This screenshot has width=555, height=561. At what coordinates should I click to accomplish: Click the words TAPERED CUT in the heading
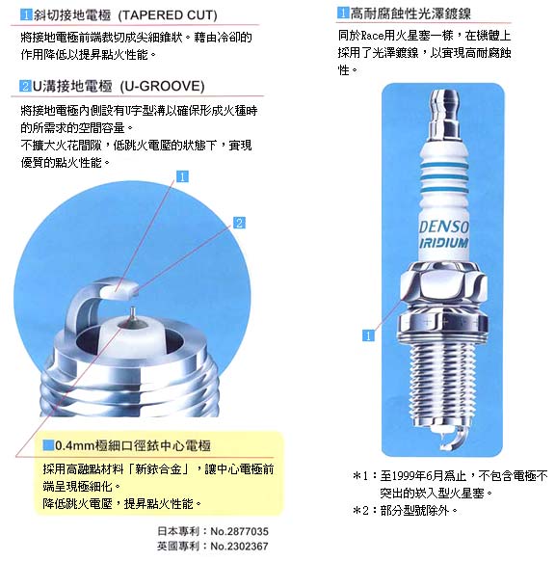coord(168,15)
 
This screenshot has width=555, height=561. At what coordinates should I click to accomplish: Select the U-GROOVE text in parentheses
coord(162,86)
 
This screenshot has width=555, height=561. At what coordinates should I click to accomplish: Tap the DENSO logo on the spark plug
coord(443,227)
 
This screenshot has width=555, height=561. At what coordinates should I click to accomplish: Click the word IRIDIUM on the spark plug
coord(443,243)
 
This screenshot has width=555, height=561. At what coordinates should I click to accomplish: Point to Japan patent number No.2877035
coord(239,531)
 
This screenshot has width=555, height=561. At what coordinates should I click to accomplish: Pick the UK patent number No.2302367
coord(239,547)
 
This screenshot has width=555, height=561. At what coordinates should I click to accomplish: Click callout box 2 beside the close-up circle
coord(239,223)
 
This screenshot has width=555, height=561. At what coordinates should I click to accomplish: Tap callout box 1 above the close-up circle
coord(182,176)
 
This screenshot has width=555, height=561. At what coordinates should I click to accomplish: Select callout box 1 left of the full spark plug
coord(368,335)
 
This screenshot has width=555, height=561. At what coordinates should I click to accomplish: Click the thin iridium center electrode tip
coord(133,313)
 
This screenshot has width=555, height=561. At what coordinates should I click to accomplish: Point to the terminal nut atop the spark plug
coord(444,114)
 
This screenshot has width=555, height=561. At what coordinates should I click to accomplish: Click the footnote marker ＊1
coord(360,476)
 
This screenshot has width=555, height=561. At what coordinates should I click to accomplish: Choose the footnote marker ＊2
coord(360,511)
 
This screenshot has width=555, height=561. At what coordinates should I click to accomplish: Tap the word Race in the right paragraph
coord(372,36)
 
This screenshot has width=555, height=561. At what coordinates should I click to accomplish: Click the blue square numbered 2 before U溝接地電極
coord(25,86)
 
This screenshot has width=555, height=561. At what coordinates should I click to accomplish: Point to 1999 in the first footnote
coord(404,476)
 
